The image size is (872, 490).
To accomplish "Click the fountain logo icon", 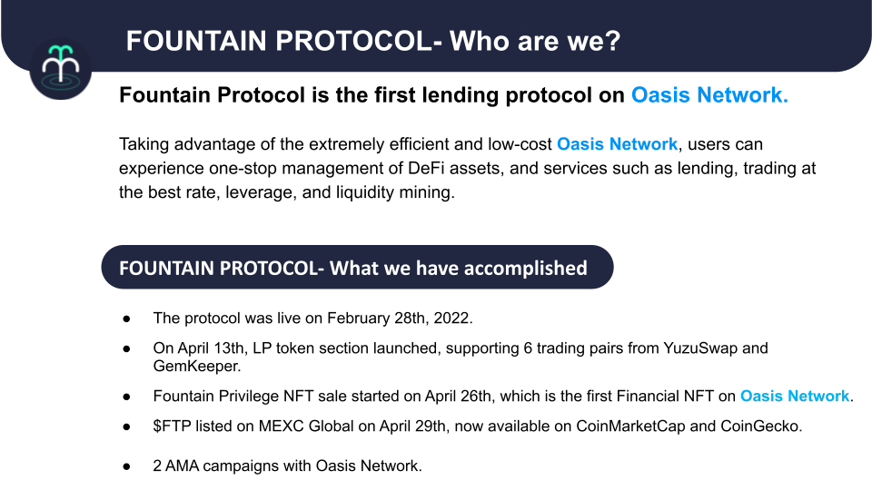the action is tap(61, 68).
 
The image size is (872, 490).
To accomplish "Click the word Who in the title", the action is tap(479, 41).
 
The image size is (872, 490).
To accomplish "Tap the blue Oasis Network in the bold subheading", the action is tap(709, 95).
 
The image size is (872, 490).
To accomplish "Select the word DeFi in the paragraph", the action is tap(426, 168).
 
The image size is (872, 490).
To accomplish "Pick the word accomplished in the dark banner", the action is tap(526, 269).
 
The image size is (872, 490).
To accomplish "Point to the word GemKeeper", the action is tap(196, 366).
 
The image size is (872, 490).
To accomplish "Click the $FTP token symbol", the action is tap(172, 426).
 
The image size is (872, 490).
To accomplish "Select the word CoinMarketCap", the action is tap(630, 426).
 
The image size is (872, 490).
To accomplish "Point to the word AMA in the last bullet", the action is tap(182, 465).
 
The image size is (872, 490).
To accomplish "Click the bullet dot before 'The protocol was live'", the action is tap(127, 318).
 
